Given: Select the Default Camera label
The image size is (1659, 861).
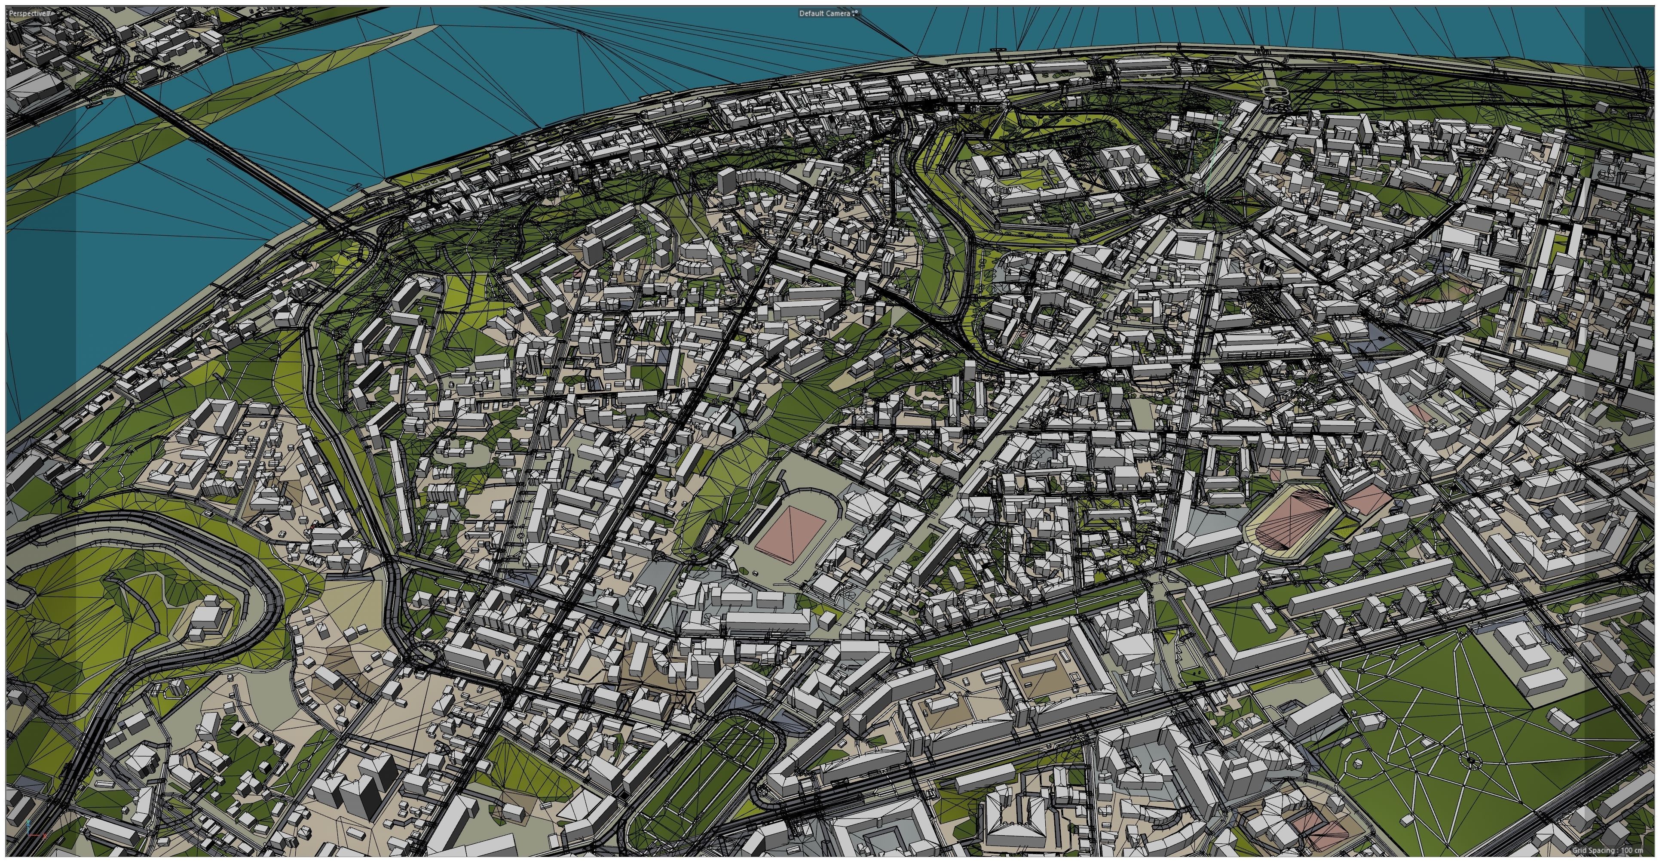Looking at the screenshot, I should tap(824, 13).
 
